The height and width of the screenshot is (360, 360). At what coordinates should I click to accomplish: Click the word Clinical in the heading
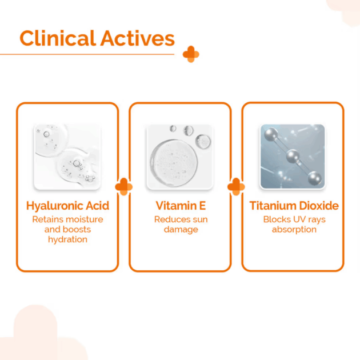coord(58,38)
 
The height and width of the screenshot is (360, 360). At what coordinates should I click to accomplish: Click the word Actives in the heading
coord(138,38)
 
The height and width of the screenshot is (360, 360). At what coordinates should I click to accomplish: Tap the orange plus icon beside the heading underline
coord(191,54)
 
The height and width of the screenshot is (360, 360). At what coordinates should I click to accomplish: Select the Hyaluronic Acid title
coord(67,206)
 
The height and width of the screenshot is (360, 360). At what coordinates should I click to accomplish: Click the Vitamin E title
coord(181,206)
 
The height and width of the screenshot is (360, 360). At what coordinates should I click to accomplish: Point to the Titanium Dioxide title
coord(294,206)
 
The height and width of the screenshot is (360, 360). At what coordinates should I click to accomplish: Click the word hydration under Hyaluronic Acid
coord(67,239)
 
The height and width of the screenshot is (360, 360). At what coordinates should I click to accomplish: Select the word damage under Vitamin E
coord(181,230)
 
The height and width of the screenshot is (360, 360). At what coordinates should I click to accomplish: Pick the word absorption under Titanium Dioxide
coord(294,230)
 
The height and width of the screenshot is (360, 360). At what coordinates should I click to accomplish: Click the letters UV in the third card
coord(299,219)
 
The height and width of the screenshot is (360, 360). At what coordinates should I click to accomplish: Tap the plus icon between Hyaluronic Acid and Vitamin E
coord(124,187)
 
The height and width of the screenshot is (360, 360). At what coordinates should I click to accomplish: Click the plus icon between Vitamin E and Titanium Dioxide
coord(236,187)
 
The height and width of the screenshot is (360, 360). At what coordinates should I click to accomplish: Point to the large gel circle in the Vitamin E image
coord(174,163)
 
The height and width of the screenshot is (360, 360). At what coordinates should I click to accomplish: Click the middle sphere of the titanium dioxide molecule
coord(293,156)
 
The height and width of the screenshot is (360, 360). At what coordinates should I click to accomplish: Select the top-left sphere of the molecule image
coord(271,134)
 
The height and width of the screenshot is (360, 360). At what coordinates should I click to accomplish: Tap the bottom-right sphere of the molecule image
coord(314,178)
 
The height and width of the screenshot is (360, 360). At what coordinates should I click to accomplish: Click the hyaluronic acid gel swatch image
coord(67,157)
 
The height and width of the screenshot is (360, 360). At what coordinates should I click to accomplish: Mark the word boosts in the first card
coord(77,230)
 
